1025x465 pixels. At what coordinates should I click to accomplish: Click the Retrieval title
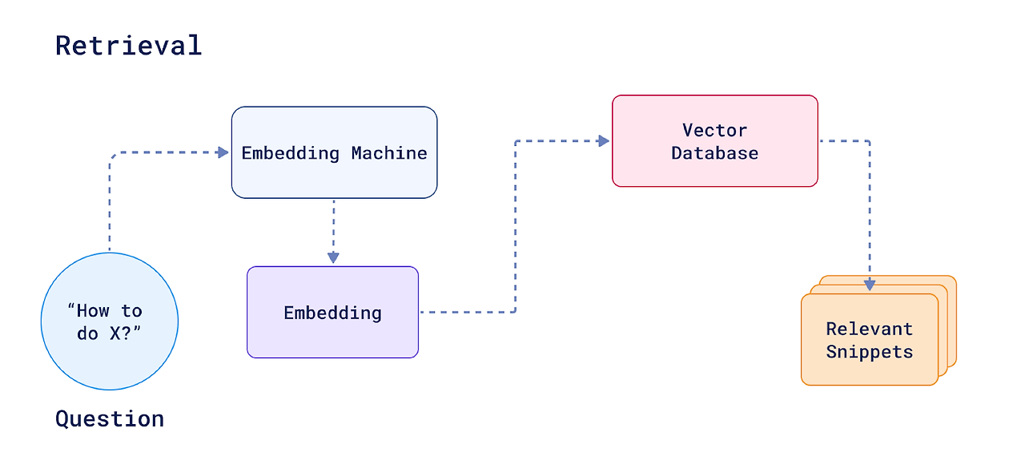click(129, 46)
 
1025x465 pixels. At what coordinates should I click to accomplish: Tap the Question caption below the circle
click(110, 418)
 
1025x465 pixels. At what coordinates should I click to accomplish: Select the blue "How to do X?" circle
click(110, 321)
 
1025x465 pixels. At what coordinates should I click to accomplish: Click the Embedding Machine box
click(335, 152)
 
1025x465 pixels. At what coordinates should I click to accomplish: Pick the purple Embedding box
click(332, 313)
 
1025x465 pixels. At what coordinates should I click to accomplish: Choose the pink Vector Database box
click(715, 141)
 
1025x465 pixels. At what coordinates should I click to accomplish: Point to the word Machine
click(389, 153)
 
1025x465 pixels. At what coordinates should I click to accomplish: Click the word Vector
click(715, 130)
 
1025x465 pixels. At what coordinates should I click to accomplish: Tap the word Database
click(715, 153)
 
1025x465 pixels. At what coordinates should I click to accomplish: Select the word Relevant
click(870, 329)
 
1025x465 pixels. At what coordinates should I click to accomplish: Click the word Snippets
click(870, 352)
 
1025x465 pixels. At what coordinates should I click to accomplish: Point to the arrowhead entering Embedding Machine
click(223, 152)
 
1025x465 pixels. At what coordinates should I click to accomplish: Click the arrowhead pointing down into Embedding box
click(334, 257)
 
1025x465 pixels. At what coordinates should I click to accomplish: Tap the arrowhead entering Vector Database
click(604, 141)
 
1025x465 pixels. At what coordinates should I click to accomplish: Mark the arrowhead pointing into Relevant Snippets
click(870, 285)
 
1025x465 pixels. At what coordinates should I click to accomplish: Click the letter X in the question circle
click(115, 334)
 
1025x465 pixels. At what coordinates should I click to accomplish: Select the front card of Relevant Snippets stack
click(870, 339)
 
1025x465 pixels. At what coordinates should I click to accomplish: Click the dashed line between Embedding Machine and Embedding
click(334, 226)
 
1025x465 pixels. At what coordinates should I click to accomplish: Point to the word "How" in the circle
click(93, 311)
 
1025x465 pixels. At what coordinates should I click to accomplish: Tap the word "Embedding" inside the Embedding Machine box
click(290, 153)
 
